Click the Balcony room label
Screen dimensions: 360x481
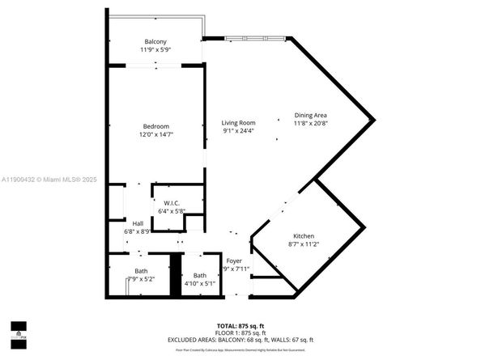[x=155, y=41]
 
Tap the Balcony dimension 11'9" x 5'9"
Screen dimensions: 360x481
[x=155, y=50]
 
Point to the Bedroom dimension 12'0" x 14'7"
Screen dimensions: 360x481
[x=155, y=134]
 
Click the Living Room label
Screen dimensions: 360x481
[x=239, y=122]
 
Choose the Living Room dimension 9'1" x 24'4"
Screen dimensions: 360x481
[x=239, y=131]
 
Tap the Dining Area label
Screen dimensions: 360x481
[x=310, y=115]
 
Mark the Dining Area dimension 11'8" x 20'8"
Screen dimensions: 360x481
[x=310, y=124]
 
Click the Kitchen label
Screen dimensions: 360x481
[x=304, y=235]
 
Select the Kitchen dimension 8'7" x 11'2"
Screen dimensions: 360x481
[x=304, y=244]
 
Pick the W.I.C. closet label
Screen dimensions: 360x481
[x=171, y=203]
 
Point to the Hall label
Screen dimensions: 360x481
[x=138, y=222]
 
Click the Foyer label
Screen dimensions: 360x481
[x=234, y=260]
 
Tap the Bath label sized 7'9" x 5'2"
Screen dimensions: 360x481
[x=141, y=270]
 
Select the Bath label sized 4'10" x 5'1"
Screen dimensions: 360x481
[x=200, y=275]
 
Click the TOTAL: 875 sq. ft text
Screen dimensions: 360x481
[x=240, y=324]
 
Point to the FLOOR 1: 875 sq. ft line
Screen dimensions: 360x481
[x=240, y=332]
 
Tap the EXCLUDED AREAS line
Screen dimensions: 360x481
[x=240, y=340]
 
